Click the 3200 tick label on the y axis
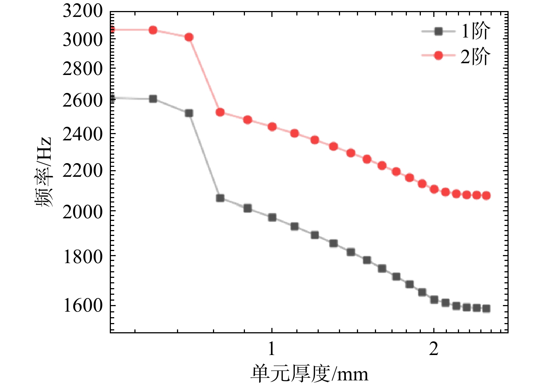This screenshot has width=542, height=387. (83, 11)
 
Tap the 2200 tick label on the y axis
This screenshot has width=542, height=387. (83, 171)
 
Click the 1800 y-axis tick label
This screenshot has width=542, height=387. (83, 257)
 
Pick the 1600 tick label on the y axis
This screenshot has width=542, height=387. (83, 306)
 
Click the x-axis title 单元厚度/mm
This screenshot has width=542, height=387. (309, 374)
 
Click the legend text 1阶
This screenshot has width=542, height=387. (476, 31)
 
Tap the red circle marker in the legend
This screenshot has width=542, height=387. (438, 56)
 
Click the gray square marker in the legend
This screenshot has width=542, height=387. (438, 31)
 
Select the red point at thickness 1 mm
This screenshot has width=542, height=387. (272, 127)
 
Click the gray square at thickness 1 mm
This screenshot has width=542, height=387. (272, 217)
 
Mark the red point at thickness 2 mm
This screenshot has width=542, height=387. (434, 189)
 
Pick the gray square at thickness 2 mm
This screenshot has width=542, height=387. (434, 300)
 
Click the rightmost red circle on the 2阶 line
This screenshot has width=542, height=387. (486, 196)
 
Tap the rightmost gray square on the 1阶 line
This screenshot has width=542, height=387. (486, 308)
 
